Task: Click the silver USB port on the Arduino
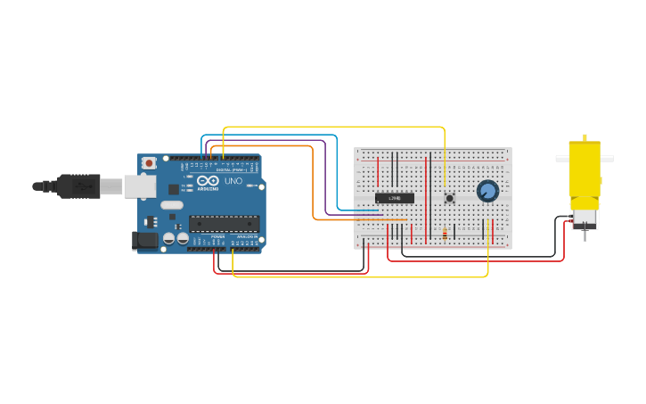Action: (x=139, y=186)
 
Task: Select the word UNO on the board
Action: (x=233, y=181)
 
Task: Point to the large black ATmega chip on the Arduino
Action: (x=224, y=223)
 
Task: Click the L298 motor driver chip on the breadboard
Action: (x=395, y=198)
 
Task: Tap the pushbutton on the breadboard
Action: (x=449, y=198)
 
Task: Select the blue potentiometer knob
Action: (x=487, y=191)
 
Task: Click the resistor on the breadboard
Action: (x=445, y=234)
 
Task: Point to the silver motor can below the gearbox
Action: (x=585, y=218)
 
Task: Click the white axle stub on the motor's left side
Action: (x=562, y=159)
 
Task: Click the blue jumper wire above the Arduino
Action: (x=267, y=136)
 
